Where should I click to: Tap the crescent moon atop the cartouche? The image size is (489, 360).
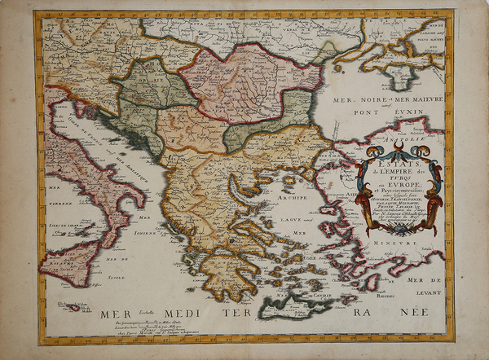399,146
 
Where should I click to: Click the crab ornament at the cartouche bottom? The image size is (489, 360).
399,232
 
